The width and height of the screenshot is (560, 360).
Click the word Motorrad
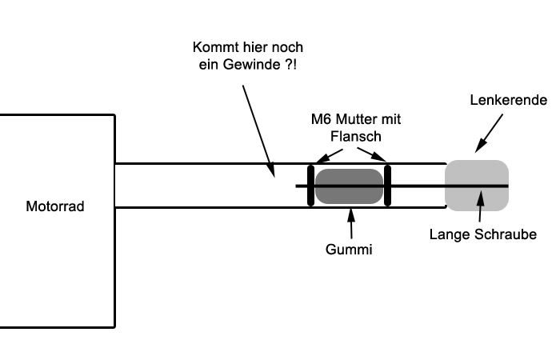pyautogui.click(x=55, y=207)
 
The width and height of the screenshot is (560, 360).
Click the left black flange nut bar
pyautogui.click(x=310, y=186)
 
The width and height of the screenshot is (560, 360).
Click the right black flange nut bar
pyautogui.click(x=386, y=186)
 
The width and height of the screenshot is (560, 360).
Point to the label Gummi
pyautogui.click(x=350, y=250)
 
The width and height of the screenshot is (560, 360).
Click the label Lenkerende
pyautogui.click(x=509, y=100)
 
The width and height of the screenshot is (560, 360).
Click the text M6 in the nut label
pyautogui.click(x=321, y=119)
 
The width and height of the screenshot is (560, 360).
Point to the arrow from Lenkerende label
pyautogui.click(x=489, y=132)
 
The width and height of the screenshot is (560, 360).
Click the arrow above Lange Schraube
pyautogui.click(x=480, y=207)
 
